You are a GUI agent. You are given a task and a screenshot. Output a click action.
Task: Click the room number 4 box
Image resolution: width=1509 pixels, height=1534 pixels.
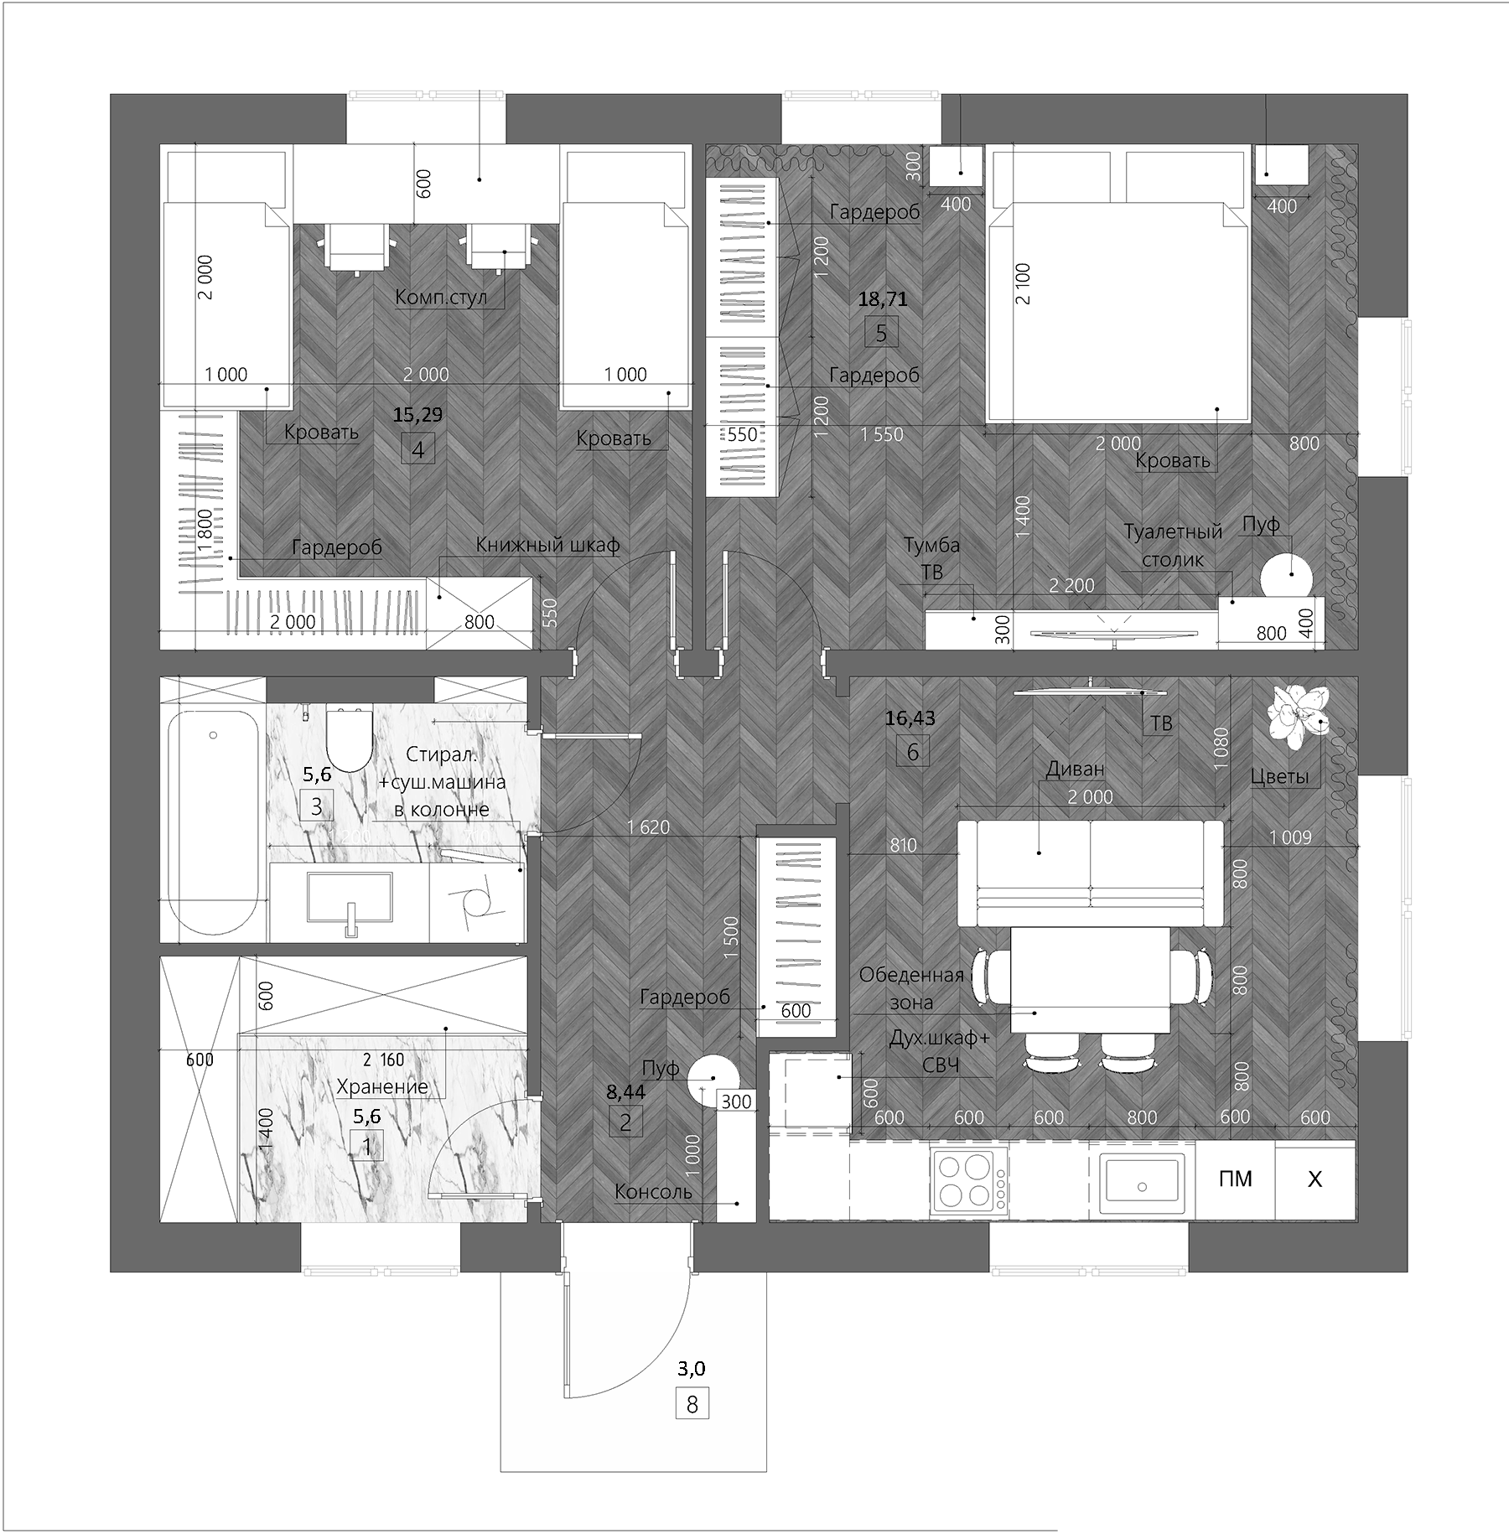click(417, 450)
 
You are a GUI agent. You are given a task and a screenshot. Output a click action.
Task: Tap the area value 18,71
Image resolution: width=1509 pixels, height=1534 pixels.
click(882, 298)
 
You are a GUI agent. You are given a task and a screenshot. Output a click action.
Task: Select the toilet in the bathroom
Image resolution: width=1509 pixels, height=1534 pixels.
click(348, 738)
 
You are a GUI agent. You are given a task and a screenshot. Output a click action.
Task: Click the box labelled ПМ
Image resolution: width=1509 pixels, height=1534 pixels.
click(1235, 1179)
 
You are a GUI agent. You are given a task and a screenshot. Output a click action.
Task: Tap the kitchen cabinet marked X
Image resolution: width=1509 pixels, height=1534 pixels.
click(1315, 1179)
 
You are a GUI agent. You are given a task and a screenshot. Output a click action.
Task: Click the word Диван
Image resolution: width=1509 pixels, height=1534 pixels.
click(1075, 770)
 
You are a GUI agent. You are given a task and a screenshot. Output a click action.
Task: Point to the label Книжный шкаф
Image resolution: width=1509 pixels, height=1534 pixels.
click(547, 546)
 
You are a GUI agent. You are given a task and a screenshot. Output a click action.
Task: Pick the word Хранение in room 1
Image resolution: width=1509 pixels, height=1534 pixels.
click(382, 1087)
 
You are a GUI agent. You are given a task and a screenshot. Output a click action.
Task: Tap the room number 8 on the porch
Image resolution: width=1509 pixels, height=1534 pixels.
click(692, 1403)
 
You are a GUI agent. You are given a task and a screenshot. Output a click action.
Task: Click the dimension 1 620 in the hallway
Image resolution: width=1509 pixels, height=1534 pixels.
click(649, 827)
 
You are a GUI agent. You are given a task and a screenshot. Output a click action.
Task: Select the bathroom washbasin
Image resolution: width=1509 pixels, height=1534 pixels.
click(350, 899)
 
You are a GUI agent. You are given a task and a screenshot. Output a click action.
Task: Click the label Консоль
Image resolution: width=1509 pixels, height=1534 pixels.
click(653, 1192)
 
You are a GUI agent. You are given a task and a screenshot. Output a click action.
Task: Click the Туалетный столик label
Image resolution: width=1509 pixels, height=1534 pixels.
click(1173, 546)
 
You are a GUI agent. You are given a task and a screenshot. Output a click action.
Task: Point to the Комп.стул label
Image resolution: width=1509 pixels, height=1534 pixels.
click(441, 298)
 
